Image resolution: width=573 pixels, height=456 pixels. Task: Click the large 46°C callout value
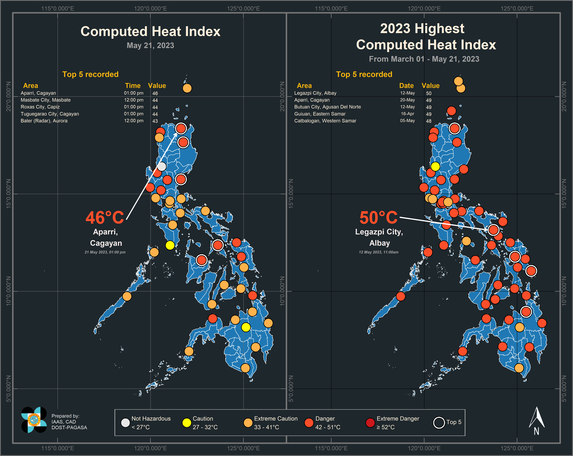pos(105,218)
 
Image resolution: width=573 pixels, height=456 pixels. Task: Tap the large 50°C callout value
pos(378,218)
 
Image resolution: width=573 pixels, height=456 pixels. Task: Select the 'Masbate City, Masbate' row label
pos(46,100)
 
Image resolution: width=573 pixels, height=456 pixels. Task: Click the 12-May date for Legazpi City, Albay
pos(407,93)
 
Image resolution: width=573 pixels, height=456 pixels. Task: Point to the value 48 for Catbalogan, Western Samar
pos(429,121)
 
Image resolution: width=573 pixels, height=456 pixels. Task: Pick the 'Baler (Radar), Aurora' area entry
pos(44,121)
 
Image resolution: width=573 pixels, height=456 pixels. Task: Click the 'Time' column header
pos(133,86)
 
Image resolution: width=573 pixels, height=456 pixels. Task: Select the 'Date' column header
pos(406,86)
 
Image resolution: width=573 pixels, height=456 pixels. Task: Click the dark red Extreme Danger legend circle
pos(370,423)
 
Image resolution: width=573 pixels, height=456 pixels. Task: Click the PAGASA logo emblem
pos(34,420)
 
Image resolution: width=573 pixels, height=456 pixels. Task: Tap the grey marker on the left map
pos(162,167)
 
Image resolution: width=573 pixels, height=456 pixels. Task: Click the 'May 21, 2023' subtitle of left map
pos(150,45)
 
